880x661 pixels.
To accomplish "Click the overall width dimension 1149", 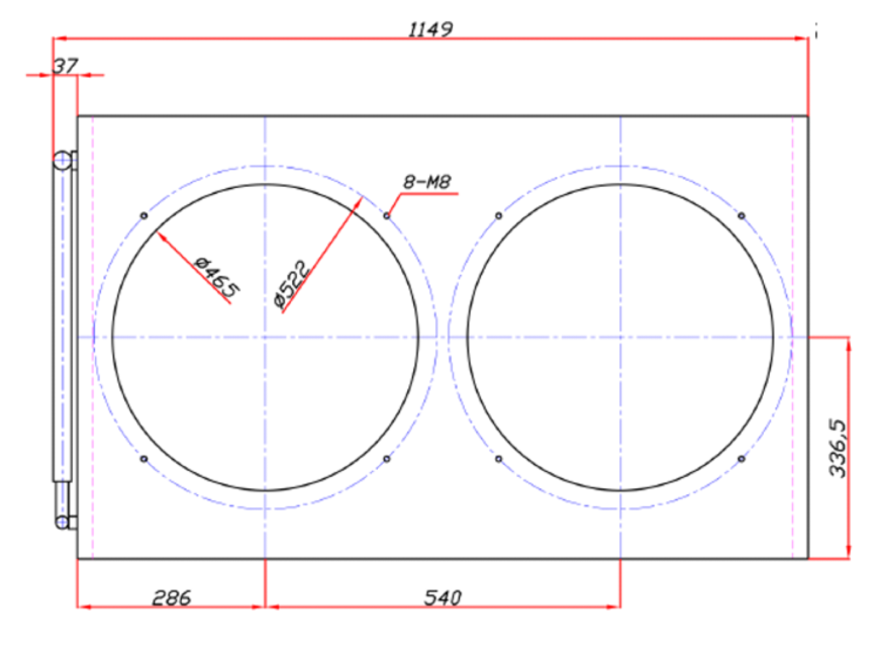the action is click(430, 29).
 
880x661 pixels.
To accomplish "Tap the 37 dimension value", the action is click(66, 66).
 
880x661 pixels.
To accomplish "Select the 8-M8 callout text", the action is click(427, 182).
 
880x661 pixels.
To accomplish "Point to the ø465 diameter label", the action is click(217, 277).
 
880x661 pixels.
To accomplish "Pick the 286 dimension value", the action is click(172, 597).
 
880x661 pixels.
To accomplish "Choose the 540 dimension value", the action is click(443, 597).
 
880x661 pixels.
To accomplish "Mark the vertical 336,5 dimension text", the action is click(837, 448).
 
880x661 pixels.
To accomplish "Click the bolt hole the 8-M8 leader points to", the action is click(387, 215).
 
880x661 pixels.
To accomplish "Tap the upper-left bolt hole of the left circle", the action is click(144, 215).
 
